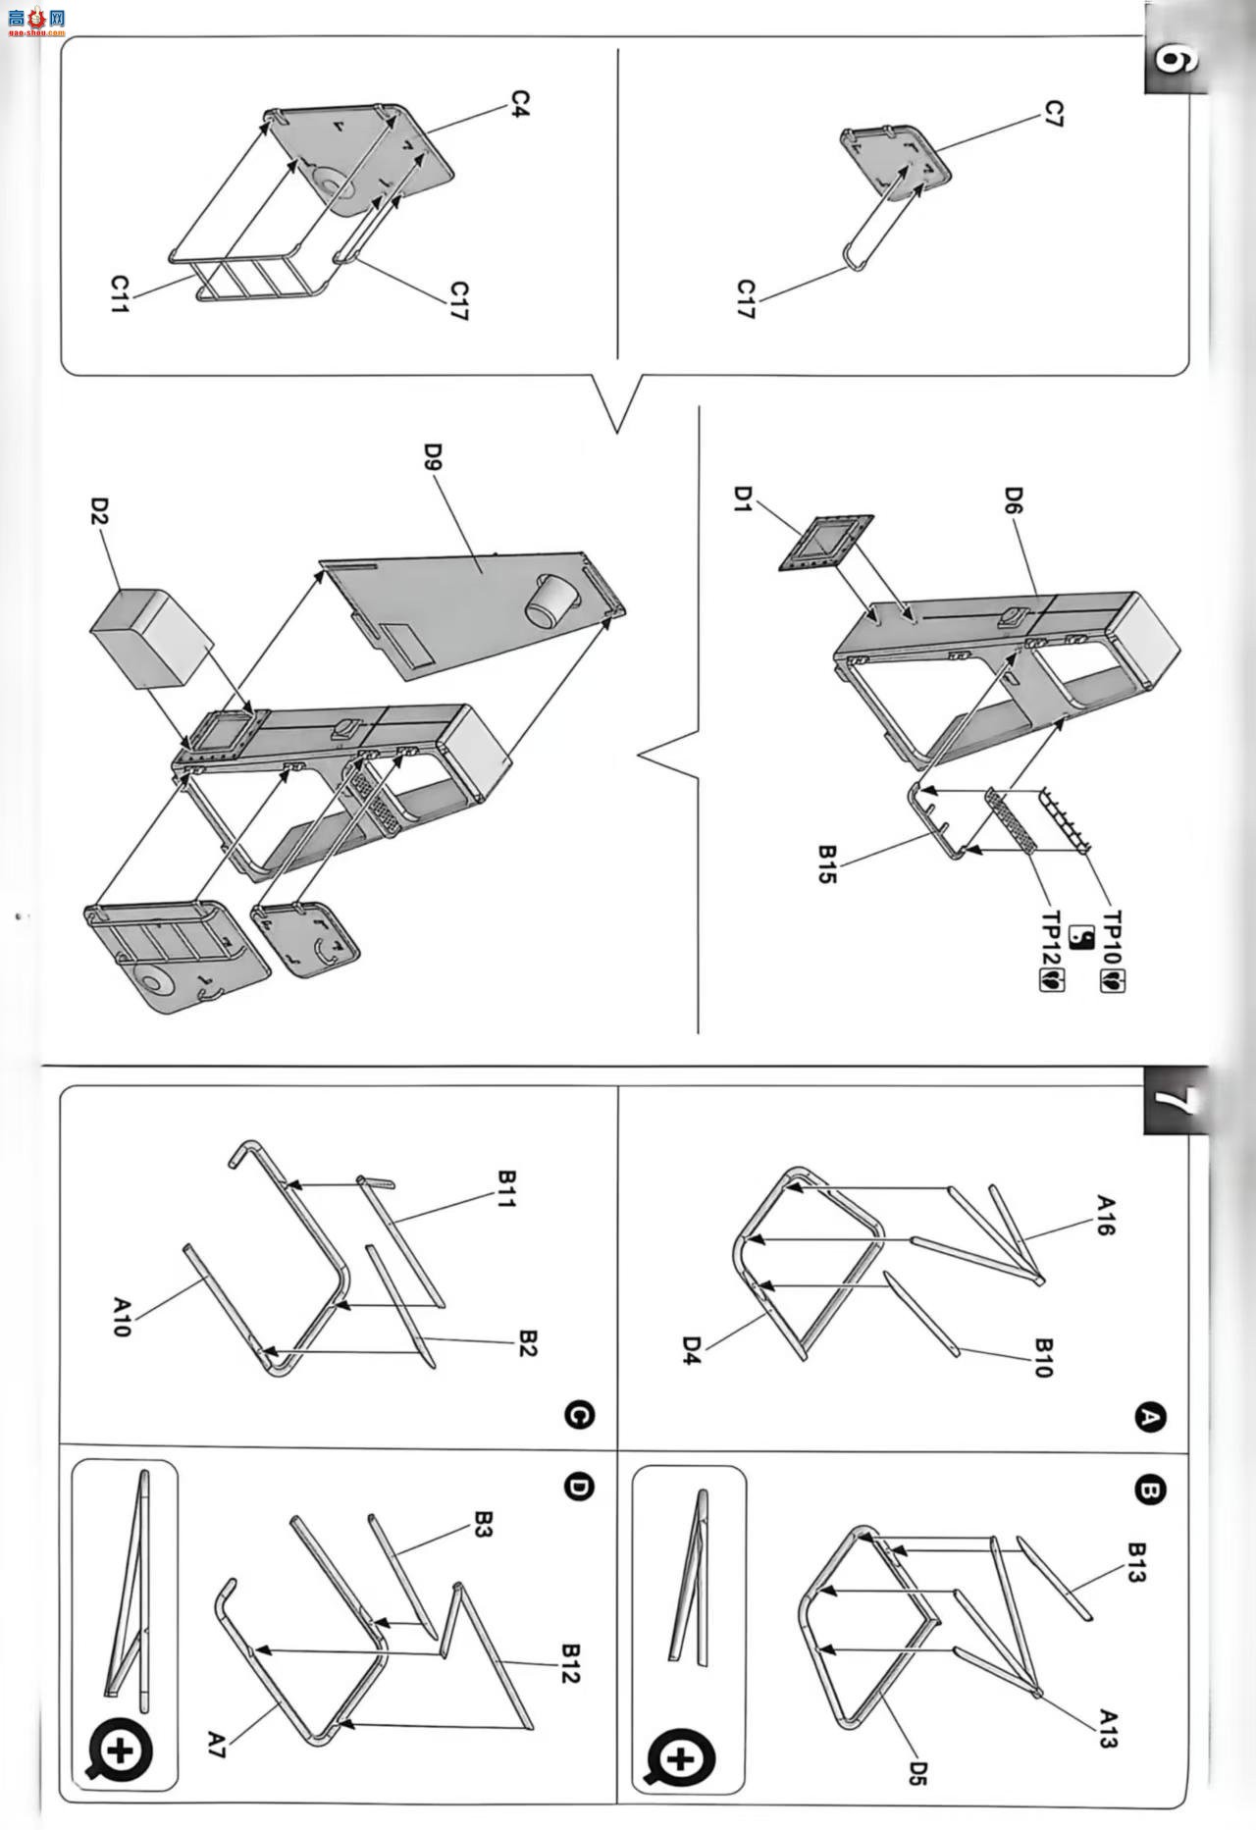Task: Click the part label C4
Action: [x=520, y=104]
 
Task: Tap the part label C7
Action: [x=1054, y=113]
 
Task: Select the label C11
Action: [x=120, y=294]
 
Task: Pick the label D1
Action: [x=742, y=498]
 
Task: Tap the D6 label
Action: [x=1014, y=501]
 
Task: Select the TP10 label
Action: [x=1113, y=937]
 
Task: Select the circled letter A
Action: [x=1149, y=1417]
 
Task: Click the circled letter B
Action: [x=1149, y=1491]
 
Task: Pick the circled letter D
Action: [x=580, y=1488]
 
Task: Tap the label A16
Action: [x=1105, y=1215]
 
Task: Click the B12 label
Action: [x=570, y=1662]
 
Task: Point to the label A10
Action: [x=122, y=1317]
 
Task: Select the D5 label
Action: [x=917, y=1773]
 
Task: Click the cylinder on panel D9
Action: [x=549, y=601]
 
